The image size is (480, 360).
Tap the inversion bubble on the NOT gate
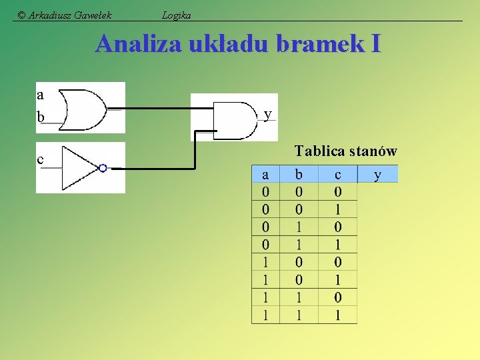click(x=103, y=168)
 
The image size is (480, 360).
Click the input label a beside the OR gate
click(x=41, y=93)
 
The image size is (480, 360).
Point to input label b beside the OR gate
click(x=41, y=117)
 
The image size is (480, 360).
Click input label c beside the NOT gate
click(x=41, y=159)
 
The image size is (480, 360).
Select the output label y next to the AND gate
click(x=267, y=115)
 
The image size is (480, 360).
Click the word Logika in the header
click(x=177, y=15)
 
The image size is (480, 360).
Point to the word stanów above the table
click(x=373, y=151)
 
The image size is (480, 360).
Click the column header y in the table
click(x=378, y=175)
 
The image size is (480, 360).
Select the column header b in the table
click(x=299, y=175)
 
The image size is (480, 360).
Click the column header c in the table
click(x=338, y=175)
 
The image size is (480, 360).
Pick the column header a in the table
click(x=265, y=175)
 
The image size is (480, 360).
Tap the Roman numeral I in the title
click(x=376, y=44)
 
